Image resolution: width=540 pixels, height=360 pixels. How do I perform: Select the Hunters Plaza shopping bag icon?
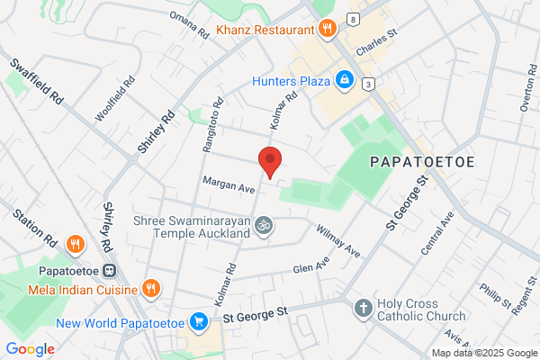344,80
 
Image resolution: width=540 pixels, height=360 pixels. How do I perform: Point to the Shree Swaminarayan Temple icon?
263,227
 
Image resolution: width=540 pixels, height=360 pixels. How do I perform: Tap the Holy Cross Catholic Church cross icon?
364,309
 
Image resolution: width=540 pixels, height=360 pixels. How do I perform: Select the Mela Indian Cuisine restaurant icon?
151,289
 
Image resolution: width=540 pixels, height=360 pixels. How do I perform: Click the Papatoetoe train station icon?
109,270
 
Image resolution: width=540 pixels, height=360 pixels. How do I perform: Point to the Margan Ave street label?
229,183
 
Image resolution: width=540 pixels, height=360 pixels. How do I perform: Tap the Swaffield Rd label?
36,80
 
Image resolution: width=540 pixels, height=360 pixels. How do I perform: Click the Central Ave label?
436,232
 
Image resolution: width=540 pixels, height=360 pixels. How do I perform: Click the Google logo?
30,349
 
